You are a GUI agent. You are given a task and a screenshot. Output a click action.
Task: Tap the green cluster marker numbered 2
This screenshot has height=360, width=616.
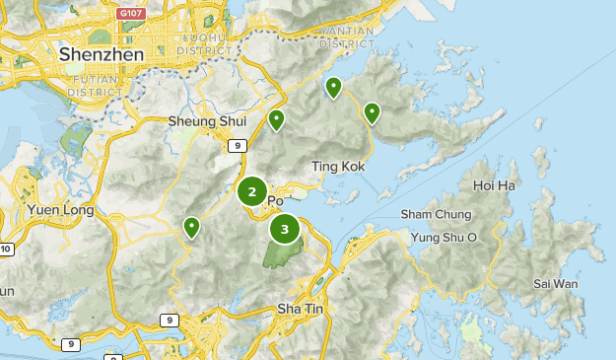point(252,192)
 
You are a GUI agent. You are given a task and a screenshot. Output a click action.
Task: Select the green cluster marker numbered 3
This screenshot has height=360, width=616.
point(285,230)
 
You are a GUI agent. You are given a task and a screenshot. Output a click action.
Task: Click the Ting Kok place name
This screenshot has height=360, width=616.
point(338,167)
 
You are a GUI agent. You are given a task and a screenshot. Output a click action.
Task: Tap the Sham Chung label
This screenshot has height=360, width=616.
point(434,215)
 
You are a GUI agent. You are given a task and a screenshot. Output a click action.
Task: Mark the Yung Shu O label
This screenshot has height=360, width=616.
point(444,237)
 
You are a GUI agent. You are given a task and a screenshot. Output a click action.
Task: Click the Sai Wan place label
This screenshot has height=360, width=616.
point(556,283)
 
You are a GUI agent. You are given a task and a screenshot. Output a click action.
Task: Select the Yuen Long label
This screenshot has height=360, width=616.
point(60,210)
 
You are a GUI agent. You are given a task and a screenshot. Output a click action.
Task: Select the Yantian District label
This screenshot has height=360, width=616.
point(345,37)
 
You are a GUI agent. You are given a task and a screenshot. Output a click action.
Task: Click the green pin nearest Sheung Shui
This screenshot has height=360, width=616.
point(277,120)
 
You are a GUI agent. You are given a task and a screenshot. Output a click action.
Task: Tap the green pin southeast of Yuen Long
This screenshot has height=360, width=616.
point(191,228)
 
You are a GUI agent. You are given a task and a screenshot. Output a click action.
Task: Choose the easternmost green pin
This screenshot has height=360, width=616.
point(372,112)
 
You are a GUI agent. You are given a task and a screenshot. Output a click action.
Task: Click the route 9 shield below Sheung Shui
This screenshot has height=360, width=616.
point(236,146)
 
